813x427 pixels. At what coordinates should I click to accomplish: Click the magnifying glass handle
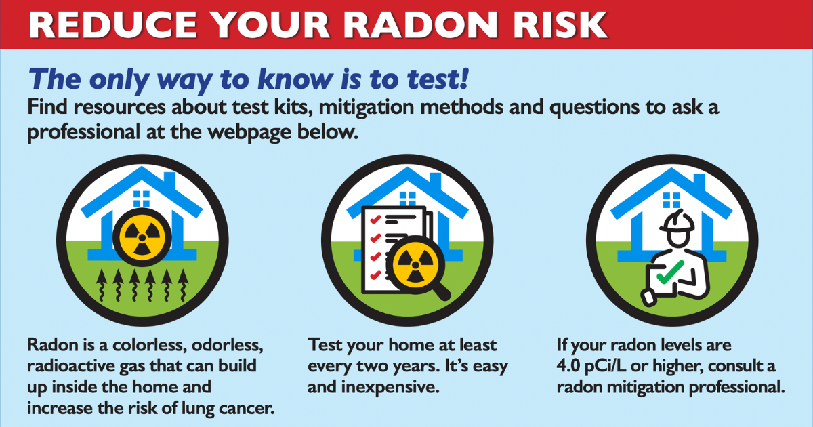pyautogui.click(x=441, y=292)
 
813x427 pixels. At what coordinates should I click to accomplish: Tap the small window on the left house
pyautogui.click(x=142, y=198)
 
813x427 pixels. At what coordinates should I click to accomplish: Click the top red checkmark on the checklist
pyautogui.click(x=372, y=218)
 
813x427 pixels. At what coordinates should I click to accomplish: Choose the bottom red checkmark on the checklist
pyautogui.click(x=372, y=276)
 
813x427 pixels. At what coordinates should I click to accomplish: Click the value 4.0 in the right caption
pyautogui.click(x=569, y=367)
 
